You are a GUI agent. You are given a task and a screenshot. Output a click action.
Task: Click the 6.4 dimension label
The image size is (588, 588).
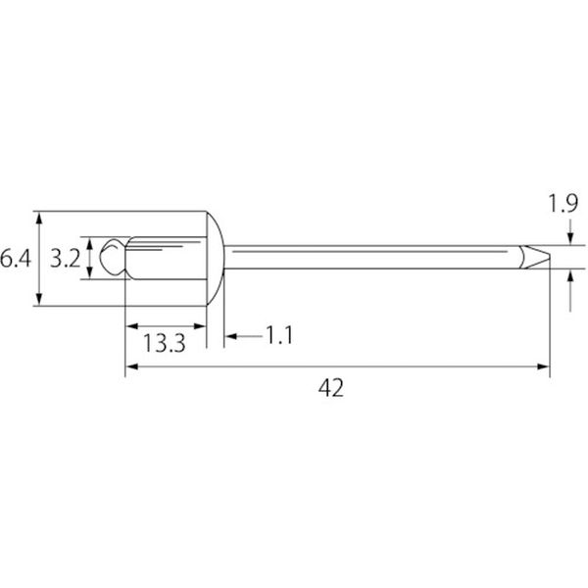pyautogui.click(x=15, y=259)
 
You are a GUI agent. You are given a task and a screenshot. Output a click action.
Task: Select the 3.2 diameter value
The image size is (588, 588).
pyautogui.click(x=66, y=259)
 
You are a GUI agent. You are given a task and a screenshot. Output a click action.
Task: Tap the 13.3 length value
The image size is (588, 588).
pyautogui.click(x=165, y=343)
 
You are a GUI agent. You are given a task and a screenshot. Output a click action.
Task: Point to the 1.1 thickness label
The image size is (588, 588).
pyautogui.click(x=279, y=335)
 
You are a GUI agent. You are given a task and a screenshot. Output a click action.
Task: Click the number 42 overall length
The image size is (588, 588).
pyautogui.click(x=331, y=388)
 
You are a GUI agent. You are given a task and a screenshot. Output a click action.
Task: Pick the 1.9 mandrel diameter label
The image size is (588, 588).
pyautogui.click(x=563, y=204)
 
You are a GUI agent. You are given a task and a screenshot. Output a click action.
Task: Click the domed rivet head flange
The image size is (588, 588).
pyautogui.click(x=216, y=259)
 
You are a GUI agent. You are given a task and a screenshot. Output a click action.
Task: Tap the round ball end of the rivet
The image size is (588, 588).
pyautogui.click(x=113, y=257)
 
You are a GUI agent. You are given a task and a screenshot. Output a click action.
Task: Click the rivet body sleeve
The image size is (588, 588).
pyautogui.click(x=167, y=258)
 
